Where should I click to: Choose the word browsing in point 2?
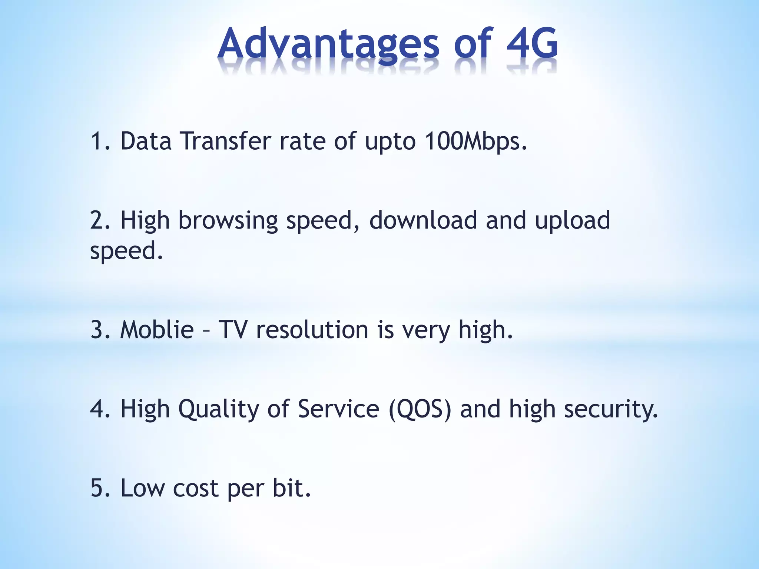click(228, 221)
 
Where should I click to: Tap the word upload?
click(572, 220)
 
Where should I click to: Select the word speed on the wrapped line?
click(124, 251)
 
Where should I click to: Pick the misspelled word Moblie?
click(157, 329)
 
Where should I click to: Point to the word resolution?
click(312, 329)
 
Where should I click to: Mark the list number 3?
click(97, 329)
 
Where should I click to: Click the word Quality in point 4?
click(219, 409)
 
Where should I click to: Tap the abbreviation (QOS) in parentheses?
click(420, 409)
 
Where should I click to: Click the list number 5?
click(97, 488)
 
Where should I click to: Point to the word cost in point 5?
click(195, 488)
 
